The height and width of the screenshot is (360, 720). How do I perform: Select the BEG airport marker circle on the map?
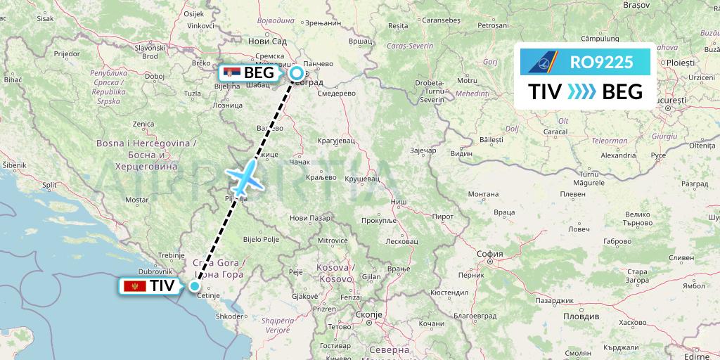[x=297, y=72]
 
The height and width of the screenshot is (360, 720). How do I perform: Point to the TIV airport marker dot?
[x=195, y=286]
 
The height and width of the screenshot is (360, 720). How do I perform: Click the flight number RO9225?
[x=602, y=63]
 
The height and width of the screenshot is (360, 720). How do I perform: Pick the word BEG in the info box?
[x=622, y=91]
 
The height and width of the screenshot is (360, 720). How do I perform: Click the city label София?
[x=489, y=254]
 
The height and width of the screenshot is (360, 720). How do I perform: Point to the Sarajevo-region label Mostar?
[x=136, y=200]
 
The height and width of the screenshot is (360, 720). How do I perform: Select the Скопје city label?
[x=368, y=316]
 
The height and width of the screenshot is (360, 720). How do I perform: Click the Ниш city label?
[x=398, y=202]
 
